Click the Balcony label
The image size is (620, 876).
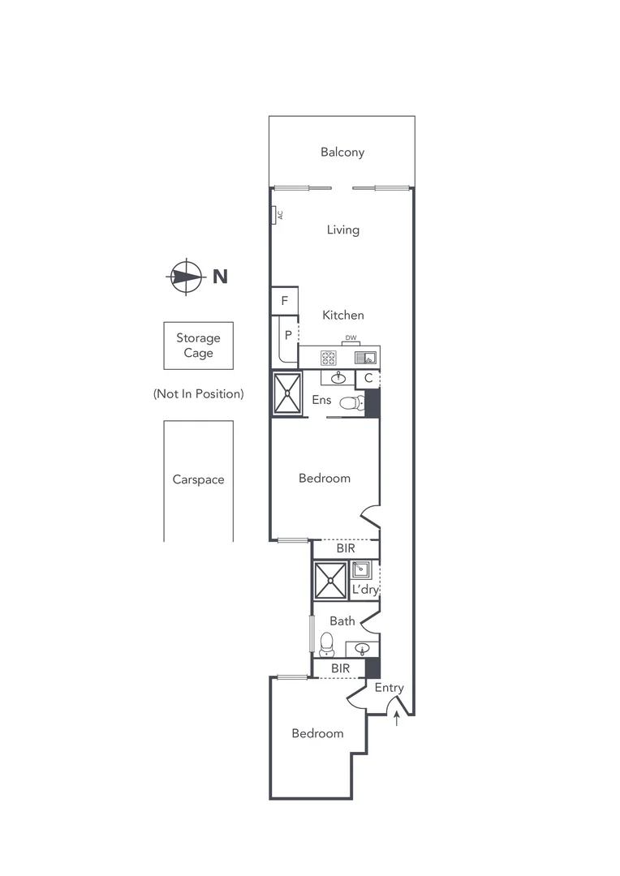click(342, 152)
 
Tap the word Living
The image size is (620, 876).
click(342, 230)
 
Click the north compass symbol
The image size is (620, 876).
click(186, 277)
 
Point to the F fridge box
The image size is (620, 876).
click(284, 301)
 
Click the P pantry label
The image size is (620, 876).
click(287, 334)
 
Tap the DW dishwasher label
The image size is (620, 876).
click(351, 338)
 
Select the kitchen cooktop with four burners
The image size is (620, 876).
click(329, 357)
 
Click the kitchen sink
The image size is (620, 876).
click(369, 357)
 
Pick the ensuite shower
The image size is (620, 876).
click(286, 393)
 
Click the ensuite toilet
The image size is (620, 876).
click(351, 402)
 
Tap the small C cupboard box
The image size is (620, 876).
click(368, 378)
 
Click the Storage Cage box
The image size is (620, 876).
click(198, 346)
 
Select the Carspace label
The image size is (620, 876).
click(198, 479)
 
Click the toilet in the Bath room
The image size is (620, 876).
click(326, 645)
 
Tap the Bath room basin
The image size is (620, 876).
click(362, 649)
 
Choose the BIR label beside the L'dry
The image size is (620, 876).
click(346, 549)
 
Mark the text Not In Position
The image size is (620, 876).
click(198, 394)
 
